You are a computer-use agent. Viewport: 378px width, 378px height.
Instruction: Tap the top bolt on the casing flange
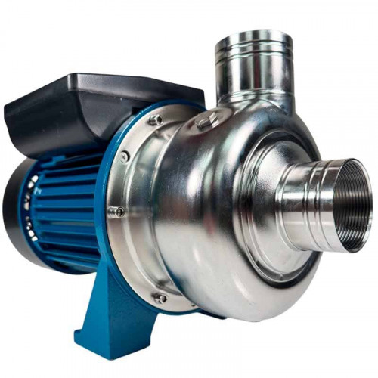coord(155,119)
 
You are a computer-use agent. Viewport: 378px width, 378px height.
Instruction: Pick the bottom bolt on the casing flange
coord(160,298)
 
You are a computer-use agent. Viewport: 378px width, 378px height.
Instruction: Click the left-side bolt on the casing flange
coord(115,212)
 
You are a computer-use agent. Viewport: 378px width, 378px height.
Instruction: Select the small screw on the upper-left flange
coord(124,156)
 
